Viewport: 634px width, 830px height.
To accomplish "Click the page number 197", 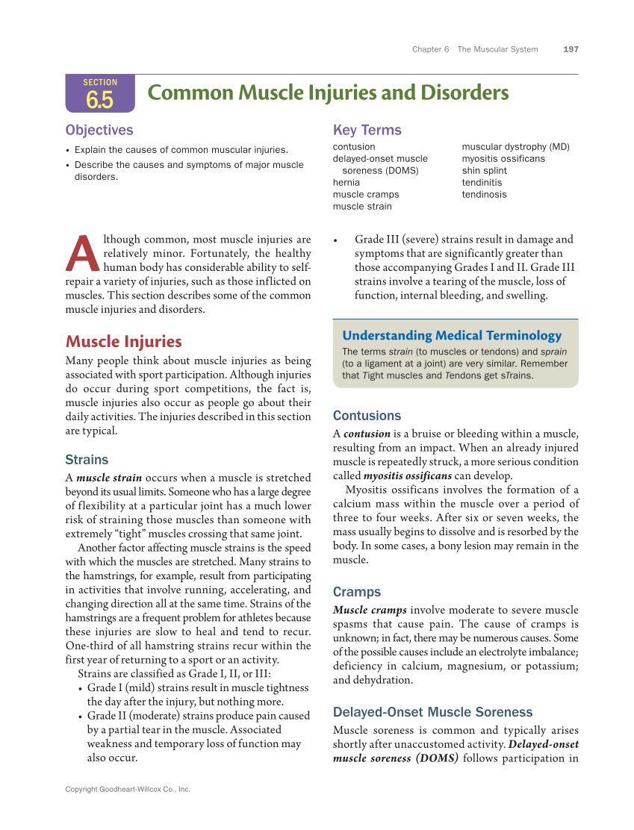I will [x=571, y=49].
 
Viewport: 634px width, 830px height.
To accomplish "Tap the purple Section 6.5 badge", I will [x=100, y=93].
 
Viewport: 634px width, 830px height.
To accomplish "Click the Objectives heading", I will [x=99, y=130].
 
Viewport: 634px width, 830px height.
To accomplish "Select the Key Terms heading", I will [x=367, y=130].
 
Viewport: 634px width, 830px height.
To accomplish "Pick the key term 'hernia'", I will [x=346, y=182].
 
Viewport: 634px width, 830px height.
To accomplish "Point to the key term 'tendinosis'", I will [x=484, y=194].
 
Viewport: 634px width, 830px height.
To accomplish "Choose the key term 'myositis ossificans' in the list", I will [x=503, y=158].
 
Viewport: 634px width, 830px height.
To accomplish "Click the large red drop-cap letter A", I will [x=83, y=255].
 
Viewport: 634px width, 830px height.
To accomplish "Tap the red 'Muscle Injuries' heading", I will [x=123, y=341].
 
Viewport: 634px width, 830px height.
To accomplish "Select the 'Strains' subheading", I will [x=87, y=460].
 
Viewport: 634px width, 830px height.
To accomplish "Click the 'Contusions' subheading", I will [x=367, y=416].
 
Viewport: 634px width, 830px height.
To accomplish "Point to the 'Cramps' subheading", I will [x=357, y=592].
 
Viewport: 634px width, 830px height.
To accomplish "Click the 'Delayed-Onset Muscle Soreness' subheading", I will [x=432, y=712].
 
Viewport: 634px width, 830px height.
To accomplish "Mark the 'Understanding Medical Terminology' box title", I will [x=452, y=335].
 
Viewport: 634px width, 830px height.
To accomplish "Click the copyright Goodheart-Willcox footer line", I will [x=128, y=789].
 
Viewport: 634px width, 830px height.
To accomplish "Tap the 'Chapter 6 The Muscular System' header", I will [x=475, y=49].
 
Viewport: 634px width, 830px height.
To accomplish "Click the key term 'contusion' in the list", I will [x=354, y=146].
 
